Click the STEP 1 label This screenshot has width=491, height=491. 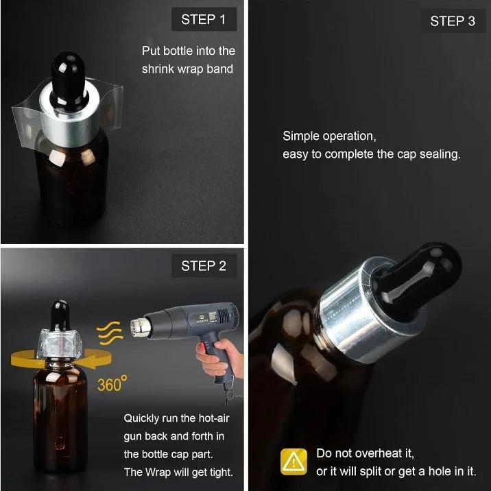click(204, 19)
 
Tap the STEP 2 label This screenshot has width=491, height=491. click(204, 266)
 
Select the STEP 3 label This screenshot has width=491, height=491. click(453, 21)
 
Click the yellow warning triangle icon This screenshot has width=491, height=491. click(294, 462)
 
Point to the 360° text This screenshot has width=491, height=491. click(112, 383)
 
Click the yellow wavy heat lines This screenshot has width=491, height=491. click(108, 333)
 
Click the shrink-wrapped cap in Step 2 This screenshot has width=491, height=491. click(59, 344)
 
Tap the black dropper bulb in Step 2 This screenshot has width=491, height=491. click(60, 315)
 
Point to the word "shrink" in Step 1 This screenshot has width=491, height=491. click(158, 69)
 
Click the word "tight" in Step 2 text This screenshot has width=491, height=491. click(221, 472)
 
